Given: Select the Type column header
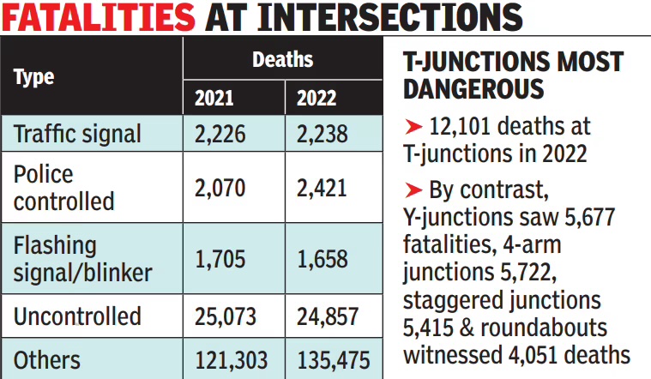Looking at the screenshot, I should (x=34, y=77).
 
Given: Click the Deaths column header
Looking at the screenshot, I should (x=282, y=60).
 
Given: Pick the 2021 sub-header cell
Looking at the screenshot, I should (x=214, y=98).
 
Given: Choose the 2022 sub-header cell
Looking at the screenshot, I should (x=316, y=98).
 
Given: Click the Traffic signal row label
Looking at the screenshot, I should (x=77, y=134).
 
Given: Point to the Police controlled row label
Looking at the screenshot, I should (x=63, y=187).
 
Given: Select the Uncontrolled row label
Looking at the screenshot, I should (x=77, y=316).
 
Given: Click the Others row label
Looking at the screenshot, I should (x=47, y=360).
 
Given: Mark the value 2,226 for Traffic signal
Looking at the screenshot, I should (x=220, y=134).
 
